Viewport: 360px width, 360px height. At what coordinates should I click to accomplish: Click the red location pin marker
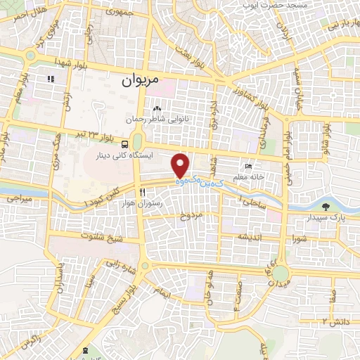(x=181, y=165)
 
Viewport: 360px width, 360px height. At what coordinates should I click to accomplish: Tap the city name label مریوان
(x=141, y=80)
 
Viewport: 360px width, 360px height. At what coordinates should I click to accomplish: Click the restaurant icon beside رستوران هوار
(x=142, y=192)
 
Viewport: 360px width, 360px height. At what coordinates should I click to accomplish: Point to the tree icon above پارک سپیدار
(x=326, y=206)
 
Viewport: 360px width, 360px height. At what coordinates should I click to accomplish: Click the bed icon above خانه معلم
(x=248, y=166)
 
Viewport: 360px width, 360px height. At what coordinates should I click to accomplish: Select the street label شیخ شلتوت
(x=101, y=237)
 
